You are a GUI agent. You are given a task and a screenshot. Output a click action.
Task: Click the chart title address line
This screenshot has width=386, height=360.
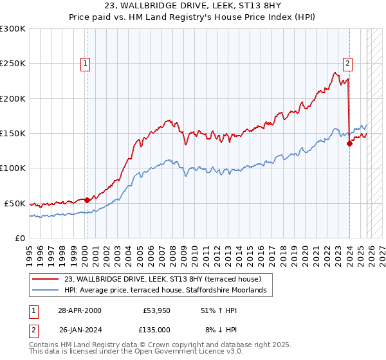click(193, 7)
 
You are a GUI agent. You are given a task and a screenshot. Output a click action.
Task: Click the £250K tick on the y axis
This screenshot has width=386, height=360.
click(14, 64)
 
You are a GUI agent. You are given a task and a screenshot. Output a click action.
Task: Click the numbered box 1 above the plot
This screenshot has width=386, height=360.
click(86, 63)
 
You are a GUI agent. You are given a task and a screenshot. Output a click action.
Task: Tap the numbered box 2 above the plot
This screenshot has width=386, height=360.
click(347, 63)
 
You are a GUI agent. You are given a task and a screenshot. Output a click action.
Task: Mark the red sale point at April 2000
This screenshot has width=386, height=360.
click(87, 200)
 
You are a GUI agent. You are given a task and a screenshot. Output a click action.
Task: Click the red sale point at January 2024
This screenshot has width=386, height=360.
click(349, 144)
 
